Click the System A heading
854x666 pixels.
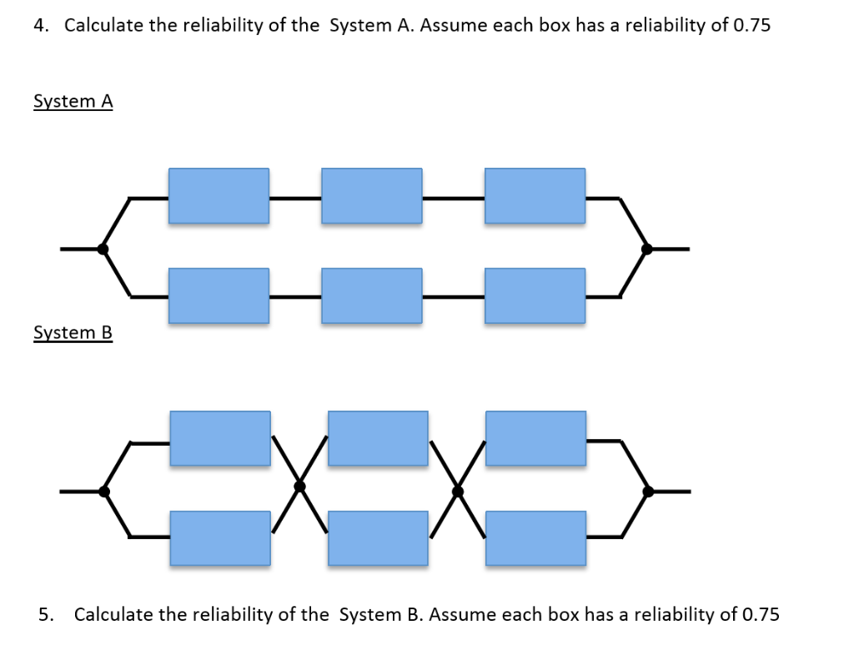coord(73,101)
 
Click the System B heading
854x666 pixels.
coord(73,333)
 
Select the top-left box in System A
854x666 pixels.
coord(219,195)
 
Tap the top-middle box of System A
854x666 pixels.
coord(371,195)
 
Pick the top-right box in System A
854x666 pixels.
coord(535,195)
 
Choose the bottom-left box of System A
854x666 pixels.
coord(219,295)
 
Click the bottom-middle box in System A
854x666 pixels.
coord(371,295)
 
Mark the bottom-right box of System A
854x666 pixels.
coord(535,295)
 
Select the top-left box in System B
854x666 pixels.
coord(220,438)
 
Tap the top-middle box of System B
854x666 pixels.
coord(378,438)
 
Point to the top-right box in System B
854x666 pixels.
coord(535,438)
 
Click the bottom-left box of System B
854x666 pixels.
coord(220,538)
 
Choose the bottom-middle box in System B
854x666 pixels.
coord(378,538)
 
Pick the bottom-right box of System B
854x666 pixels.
coord(535,538)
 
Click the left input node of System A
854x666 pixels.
coord(103,249)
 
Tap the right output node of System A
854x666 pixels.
coord(646,249)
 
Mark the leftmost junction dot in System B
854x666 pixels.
coord(104,492)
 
